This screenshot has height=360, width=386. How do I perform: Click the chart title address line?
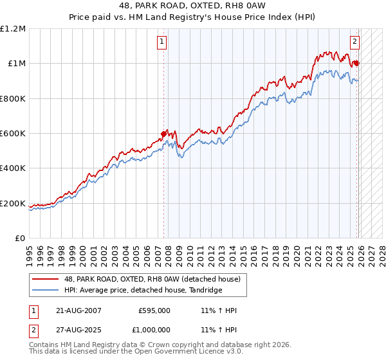(x=193, y=6)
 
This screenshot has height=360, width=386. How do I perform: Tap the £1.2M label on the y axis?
(x=13, y=29)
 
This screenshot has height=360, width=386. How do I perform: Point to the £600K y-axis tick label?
(x=13, y=134)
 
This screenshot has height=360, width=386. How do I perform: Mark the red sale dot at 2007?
(x=163, y=134)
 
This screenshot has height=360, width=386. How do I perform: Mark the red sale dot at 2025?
(x=357, y=63)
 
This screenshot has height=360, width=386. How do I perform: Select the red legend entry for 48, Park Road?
(x=152, y=279)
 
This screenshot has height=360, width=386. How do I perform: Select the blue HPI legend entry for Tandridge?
(x=143, y=291)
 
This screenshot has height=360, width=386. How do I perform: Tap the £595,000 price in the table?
(x=154, y=310)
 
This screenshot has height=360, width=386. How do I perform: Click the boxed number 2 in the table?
(x=34, y=329)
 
